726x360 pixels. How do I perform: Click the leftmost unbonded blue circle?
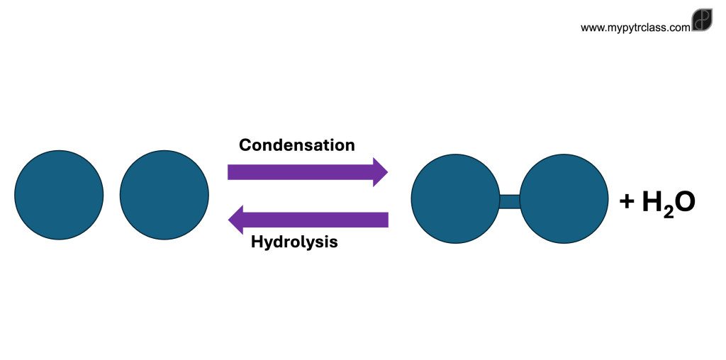coord(59,194)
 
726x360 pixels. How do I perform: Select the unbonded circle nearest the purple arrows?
coord(164,194)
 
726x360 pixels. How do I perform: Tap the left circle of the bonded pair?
coord(456,198)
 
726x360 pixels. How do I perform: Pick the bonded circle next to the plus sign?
coord(564,198)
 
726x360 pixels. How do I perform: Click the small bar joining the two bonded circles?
coord(510,201)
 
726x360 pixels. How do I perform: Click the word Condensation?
coord(296,145)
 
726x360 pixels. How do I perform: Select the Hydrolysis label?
coord(294,242)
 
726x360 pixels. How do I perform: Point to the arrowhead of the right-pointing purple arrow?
coord(381,172)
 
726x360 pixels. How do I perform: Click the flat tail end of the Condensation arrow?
coord(230,172)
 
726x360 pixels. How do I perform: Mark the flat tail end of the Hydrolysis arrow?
coord(386,220)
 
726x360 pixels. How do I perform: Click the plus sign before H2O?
coord(627,202)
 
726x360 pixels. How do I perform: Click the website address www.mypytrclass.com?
coord(635,28)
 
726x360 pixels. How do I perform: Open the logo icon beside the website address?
coord(702,21)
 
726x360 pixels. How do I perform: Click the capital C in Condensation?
coord(245,145)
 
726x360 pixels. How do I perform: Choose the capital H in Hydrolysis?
coord(257,242)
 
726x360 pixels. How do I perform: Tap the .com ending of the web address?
coord(679,28)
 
